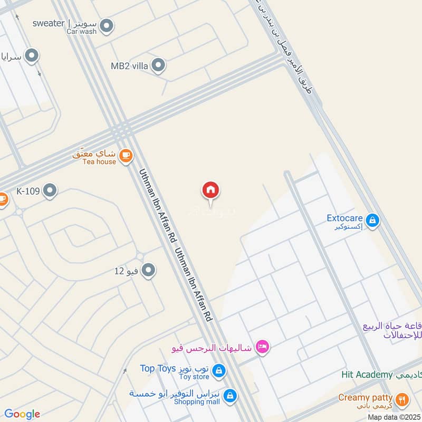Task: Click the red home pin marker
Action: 210,190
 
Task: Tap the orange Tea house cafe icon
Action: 126,155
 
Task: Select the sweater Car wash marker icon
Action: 107,25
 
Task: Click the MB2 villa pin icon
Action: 158,66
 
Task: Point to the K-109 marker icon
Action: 50,190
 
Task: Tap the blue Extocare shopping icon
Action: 372,220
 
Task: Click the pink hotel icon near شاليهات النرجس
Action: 262,347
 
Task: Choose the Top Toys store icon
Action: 219,371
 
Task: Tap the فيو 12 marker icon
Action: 149,271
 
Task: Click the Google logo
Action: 22,414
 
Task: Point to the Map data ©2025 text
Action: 393,417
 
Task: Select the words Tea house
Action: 99,161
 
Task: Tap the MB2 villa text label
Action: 129,66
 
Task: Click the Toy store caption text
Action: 193,377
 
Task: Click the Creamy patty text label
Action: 366,397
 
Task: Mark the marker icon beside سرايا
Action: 32,55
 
